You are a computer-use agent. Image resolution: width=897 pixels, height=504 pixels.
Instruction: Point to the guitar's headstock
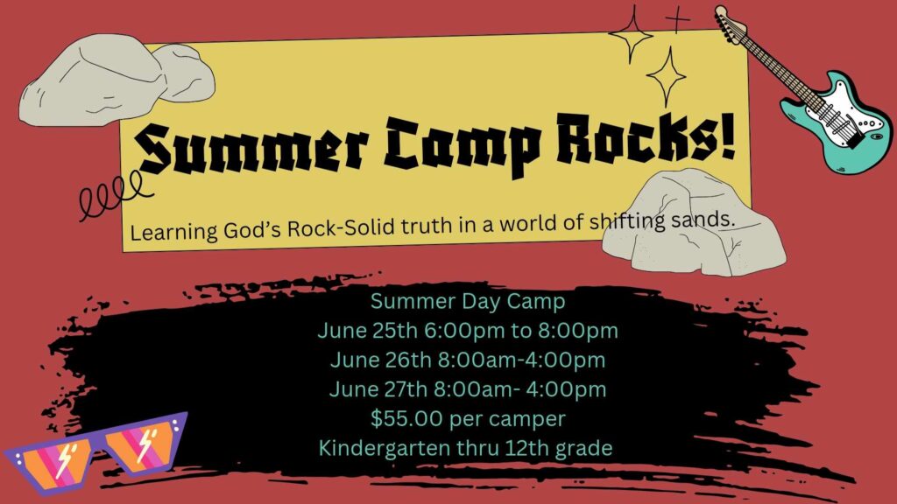point(730,22)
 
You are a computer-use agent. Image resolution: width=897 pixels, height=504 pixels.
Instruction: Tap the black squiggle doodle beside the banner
point(111,194)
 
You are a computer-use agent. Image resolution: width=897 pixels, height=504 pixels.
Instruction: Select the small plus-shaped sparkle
point(677,21)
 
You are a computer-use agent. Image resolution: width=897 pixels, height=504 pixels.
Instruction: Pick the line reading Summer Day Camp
point(468,301)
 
